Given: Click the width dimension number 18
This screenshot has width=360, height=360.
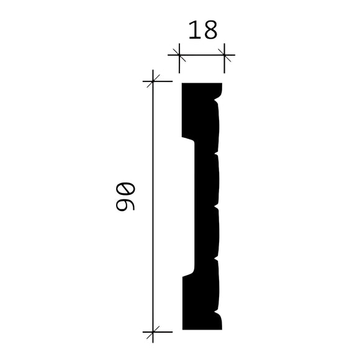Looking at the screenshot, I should tap(202, 30).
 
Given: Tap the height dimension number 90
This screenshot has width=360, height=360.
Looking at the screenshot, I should tap(124, 198).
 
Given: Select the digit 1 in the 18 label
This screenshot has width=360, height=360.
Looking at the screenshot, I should tap(193, 30).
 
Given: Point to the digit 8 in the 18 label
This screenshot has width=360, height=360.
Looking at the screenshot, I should tap(210, 30).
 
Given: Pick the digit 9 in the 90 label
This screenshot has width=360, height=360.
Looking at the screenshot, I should tap(124, 207).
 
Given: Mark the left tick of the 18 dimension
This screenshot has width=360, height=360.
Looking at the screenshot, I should tap(179, 56).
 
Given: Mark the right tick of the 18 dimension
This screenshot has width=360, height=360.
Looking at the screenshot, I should tap(225, 56).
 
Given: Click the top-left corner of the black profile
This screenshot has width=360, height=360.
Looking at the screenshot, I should tap(182, 83).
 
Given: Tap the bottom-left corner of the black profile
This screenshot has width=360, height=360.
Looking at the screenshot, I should tap(182, 329).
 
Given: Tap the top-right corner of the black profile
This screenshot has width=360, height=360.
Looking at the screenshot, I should tap(222, 84).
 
